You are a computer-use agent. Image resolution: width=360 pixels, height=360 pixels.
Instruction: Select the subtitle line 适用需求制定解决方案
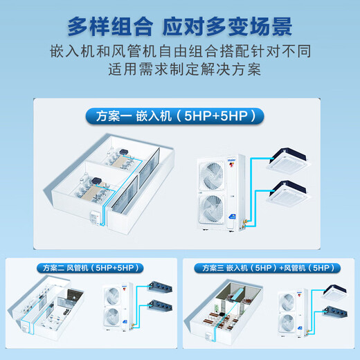pos(179,71)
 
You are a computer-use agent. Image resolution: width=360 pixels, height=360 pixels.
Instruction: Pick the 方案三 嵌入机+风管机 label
pos(270,267)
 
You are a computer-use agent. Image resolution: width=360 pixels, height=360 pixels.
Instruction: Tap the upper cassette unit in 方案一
pos(294,160)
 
